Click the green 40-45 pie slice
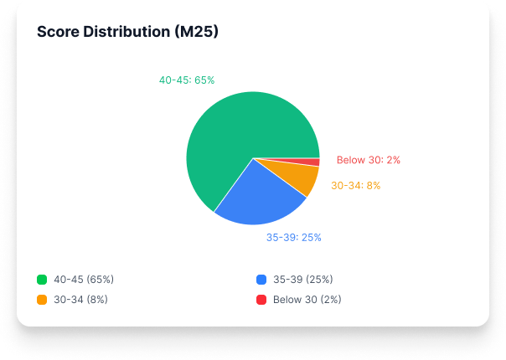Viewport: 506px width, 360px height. click(x=226, y=134)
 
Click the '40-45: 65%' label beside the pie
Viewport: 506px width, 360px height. click(x=187, y=80)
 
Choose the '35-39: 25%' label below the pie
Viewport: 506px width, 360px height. click(x=293, y=238)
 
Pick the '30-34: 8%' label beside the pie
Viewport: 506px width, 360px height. click(x=355, y=186)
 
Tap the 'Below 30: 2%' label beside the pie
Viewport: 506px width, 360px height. click(x=368, y=160)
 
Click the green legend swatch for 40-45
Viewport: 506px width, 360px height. click(x=42, y=280)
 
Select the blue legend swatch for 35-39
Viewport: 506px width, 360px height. click(x=261, y=280)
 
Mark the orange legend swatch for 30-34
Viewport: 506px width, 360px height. click(x=42, y=299)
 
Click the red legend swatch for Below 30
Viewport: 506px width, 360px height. click(x=261, y=299)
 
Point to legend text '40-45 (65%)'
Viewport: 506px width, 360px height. click(x=84, y=280)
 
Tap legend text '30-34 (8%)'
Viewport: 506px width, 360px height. click(x=80, y=299)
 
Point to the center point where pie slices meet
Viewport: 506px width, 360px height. click(x=253, y=157)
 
